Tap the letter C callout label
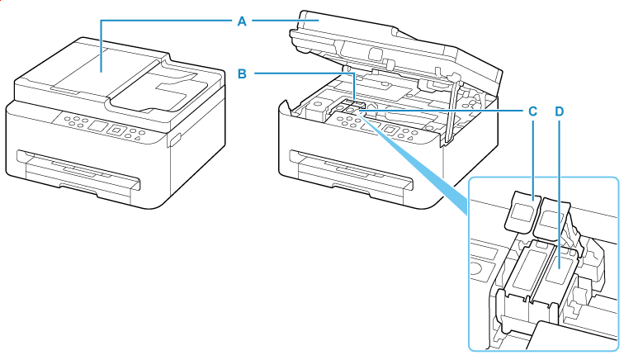click(532, 110)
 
